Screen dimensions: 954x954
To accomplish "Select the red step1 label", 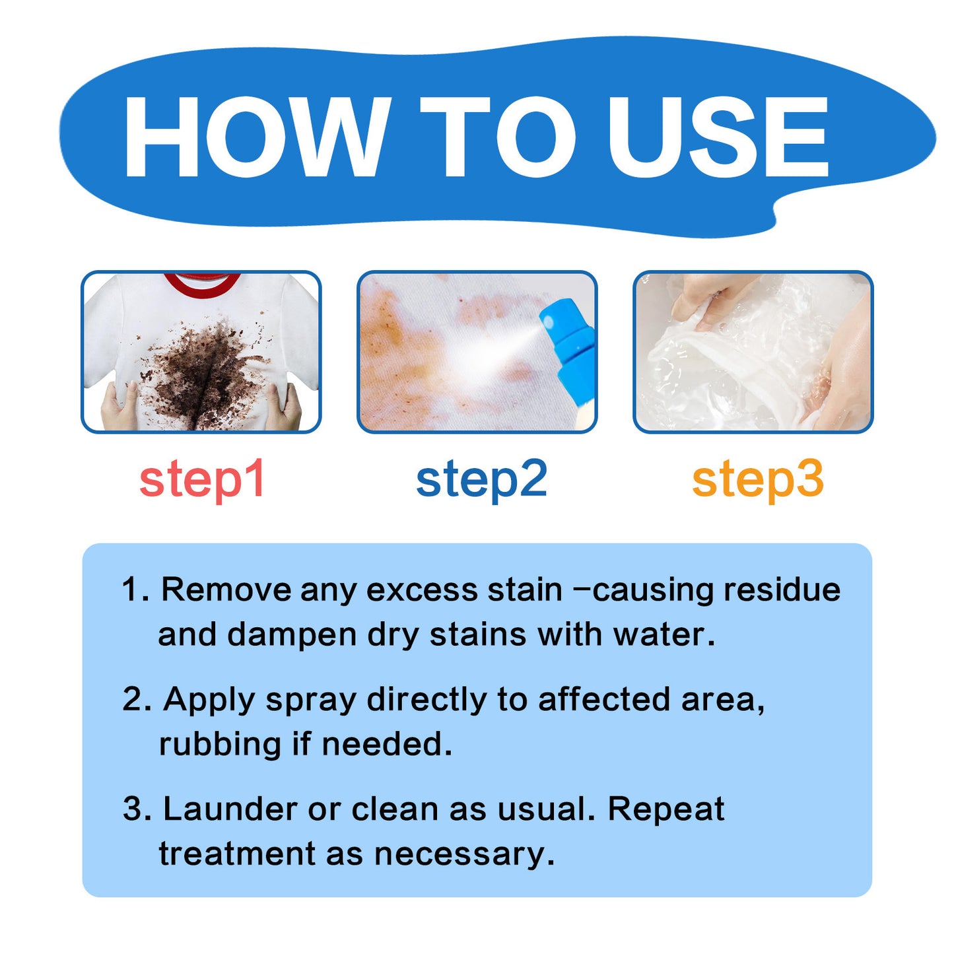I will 202,479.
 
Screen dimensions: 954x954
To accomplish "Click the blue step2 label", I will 481,479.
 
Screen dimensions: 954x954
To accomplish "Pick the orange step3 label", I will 757,479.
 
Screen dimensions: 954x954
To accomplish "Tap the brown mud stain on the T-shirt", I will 198,370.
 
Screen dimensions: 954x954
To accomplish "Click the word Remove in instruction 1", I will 226,590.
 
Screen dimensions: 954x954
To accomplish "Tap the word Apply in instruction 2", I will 209,700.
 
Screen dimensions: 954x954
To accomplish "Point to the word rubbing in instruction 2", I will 220,745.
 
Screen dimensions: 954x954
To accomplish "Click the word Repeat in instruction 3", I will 665,809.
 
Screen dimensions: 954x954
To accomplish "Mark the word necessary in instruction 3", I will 463,854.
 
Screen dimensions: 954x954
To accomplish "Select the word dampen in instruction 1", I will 292,635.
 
